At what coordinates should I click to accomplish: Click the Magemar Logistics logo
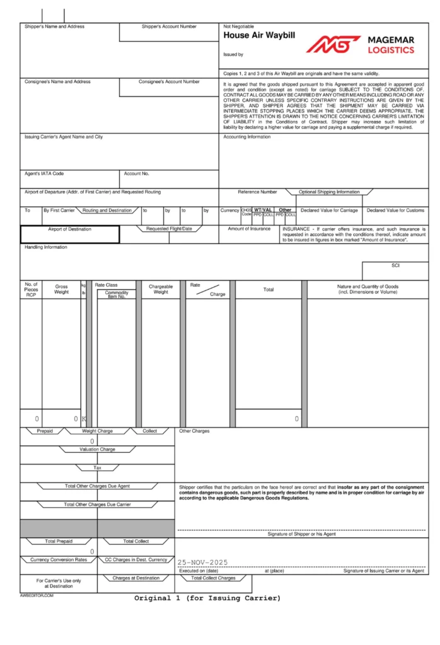(361, 44)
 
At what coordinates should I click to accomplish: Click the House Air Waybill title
(259, 37)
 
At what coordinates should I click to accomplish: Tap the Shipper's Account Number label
(169, 26)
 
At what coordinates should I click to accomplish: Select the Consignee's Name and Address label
(57, 82)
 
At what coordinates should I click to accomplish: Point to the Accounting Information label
(247, 137)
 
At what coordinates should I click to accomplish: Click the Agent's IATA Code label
(44, 173)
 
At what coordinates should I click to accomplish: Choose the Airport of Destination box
(69, 234)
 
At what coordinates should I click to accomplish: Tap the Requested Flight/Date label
(169, 229)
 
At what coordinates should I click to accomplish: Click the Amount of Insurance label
(249, 229)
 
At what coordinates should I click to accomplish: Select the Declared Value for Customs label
(396, 210)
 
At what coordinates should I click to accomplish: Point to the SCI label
(395, 266)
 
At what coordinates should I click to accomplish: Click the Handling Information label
(46, 247)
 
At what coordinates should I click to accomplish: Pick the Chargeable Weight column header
(161, 289)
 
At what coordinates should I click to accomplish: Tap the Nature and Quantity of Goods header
(368, 289)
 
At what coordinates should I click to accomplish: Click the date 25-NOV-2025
(202, 562)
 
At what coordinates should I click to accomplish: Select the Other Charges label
(195, 431)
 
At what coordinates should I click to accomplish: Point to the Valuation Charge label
(97, 450)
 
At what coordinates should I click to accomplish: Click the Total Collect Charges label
(214, 578)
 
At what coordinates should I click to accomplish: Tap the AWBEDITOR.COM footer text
(37, 595)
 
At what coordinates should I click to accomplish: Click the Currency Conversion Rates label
(59, 559)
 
